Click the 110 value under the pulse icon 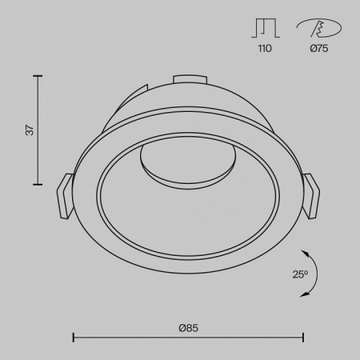[x=265, y=49]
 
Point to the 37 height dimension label [x=30, y=130]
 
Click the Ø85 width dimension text [x=188, y=327]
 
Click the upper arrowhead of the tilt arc [x=306, y=250]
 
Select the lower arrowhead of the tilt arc [x=305, y=294]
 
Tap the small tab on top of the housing [x=188, y=78]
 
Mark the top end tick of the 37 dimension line [x=37, y=74]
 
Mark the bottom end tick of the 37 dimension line [x=37, y=185]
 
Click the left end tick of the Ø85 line [x=74, y=337]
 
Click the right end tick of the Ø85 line [x=303, y=337]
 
